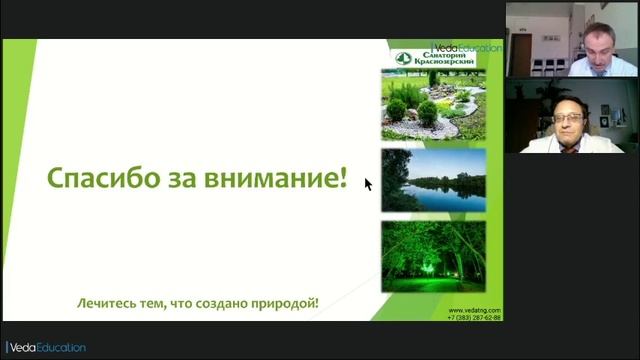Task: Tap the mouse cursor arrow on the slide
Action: [x=367, y=184]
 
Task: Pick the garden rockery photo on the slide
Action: [x=433, y=106]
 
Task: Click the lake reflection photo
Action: [x=433, y=181]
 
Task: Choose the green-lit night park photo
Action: [x=433, y=255]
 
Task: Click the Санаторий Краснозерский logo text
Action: [x=444, y=58]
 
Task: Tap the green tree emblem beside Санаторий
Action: [x=402, y=58]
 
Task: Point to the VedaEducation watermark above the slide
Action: [x=467, y=47]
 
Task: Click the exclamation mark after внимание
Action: [x=344, y=180]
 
